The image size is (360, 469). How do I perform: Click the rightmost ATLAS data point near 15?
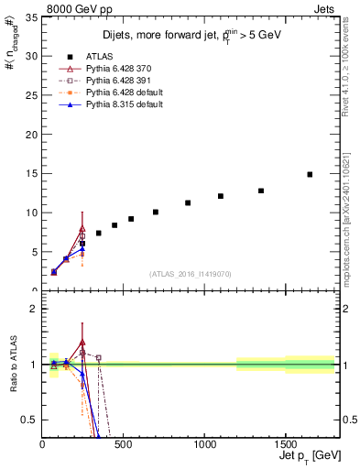[310, 174]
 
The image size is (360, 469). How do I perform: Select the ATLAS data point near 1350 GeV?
[261, 191]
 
